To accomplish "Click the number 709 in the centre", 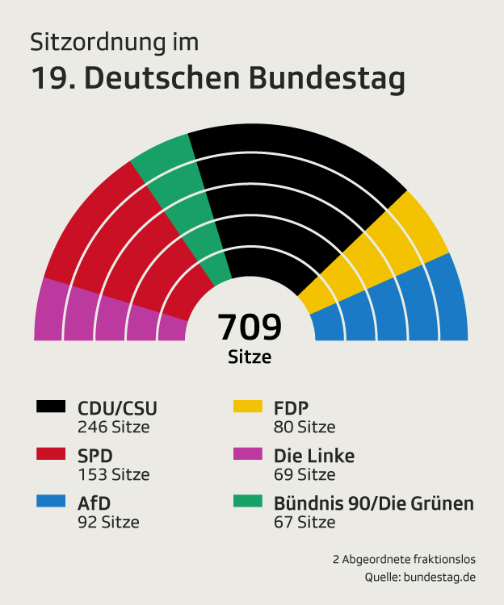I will (x=250, y=328).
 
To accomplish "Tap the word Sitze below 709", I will (x=250, y=356).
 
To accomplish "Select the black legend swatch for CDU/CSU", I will (x=51, y=407).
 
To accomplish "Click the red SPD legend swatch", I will (x=51, y=454).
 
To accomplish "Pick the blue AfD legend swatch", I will (x=51, y=502).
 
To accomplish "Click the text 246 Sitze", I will (x=113, y=427).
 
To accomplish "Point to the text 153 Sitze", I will (x=113, y=474).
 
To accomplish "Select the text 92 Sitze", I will (x=108, y=522).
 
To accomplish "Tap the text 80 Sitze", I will (x=304, y=427).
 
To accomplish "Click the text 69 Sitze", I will (x=304, y=474).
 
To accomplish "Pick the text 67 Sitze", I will (x=304, y=522).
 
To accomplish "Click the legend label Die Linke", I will (x=314, y=456).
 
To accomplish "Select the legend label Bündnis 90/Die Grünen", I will (x=374, y=503).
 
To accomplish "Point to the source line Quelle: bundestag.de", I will (x=420, y=578).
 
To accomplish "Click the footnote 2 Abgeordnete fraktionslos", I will (x=404, y=558).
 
